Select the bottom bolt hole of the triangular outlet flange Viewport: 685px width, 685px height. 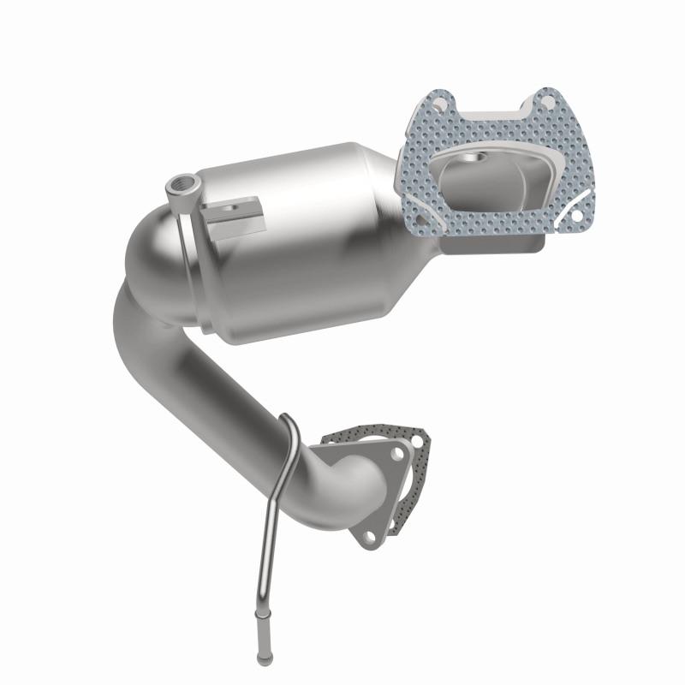click(368, 537)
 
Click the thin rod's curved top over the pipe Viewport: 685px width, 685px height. click(289, 423)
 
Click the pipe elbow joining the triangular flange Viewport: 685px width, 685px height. click(351, 479)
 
